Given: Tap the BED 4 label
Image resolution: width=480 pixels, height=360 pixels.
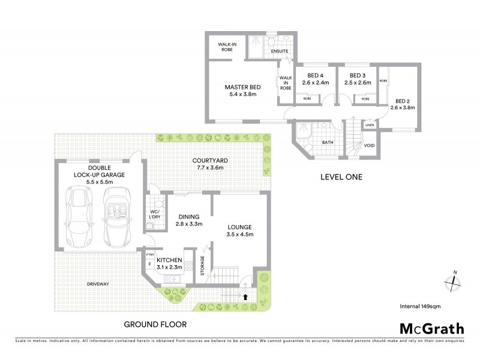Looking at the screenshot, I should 314,79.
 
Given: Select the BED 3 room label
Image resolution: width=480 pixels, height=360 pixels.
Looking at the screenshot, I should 352,79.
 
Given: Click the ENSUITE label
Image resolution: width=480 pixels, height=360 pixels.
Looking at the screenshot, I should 280,52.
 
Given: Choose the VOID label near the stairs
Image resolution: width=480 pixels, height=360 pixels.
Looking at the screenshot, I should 370,146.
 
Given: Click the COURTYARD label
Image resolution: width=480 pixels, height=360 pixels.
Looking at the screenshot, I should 209,164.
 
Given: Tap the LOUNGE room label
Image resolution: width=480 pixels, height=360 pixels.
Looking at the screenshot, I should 238,230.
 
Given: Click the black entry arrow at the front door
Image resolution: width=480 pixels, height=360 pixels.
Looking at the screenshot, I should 245,296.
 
